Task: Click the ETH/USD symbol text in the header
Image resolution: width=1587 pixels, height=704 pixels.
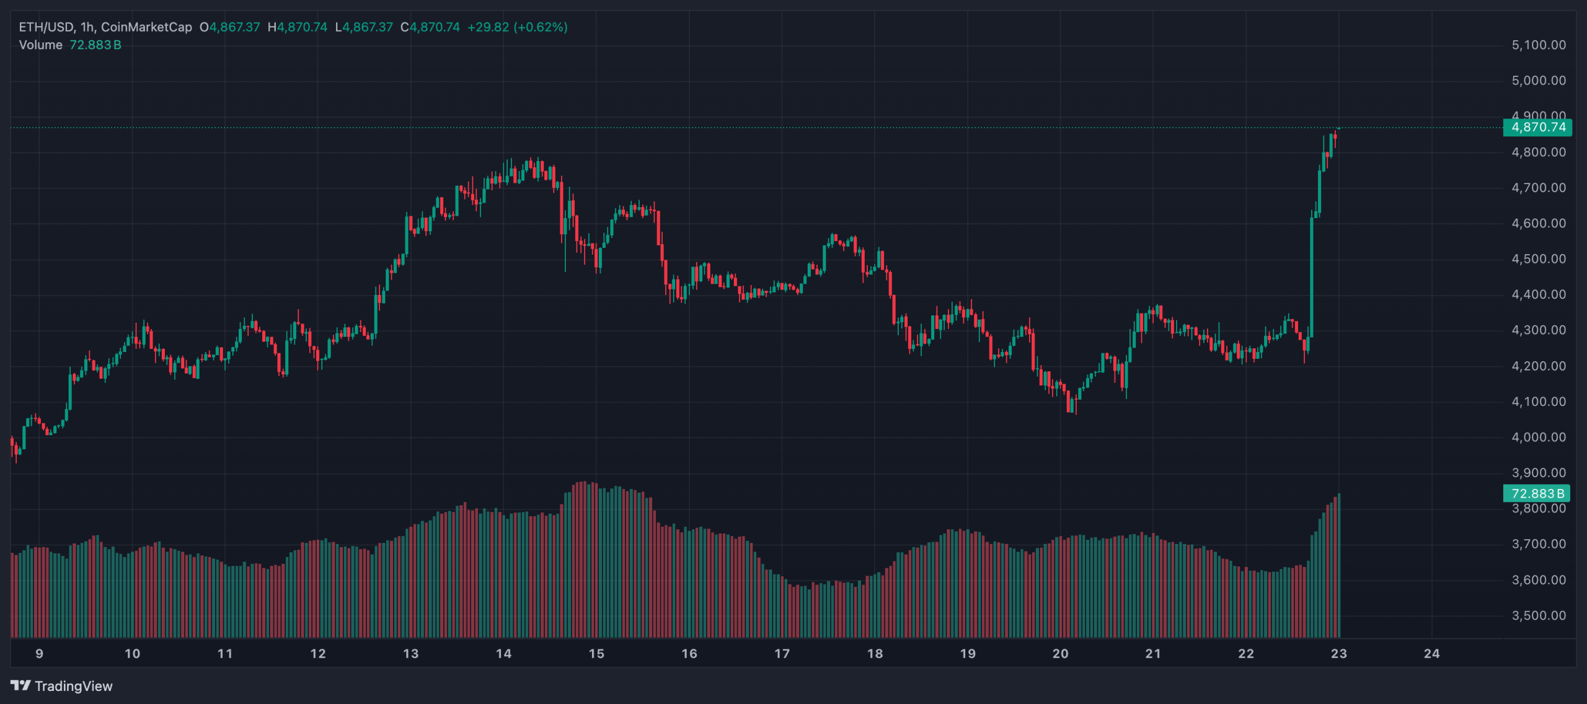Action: point(46,27)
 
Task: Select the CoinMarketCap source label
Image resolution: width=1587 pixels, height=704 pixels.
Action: point(146,27)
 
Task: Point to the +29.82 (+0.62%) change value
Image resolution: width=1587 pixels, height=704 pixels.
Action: point(517,27)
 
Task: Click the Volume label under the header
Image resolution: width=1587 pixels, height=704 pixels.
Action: point(41,45)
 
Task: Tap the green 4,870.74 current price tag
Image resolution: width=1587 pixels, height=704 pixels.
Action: point(1538,128)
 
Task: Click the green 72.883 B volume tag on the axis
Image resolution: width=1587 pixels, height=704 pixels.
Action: point(1537,494)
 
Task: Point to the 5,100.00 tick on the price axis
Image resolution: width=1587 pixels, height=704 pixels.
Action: point(1539,45)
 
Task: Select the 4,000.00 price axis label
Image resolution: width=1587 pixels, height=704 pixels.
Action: point(1539,438)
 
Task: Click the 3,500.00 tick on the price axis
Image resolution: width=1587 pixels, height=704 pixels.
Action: point(1539,616)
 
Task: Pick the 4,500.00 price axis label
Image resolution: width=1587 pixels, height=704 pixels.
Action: point(1539,259)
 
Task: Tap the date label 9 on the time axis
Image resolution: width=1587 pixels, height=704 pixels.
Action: point(40,654)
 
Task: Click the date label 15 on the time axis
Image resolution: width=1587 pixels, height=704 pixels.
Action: point(596,654)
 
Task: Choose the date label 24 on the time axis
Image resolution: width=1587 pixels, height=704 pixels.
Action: point(1431,654)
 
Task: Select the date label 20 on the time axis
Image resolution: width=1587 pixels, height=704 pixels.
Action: point(1060,654)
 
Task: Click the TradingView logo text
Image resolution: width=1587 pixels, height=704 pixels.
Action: point(73,686)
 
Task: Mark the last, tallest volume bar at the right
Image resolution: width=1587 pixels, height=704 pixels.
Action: point(1339,564)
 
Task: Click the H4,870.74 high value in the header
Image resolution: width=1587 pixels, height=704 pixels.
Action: point(298,27)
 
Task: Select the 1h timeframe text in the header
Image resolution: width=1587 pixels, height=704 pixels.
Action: point(87,27)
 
